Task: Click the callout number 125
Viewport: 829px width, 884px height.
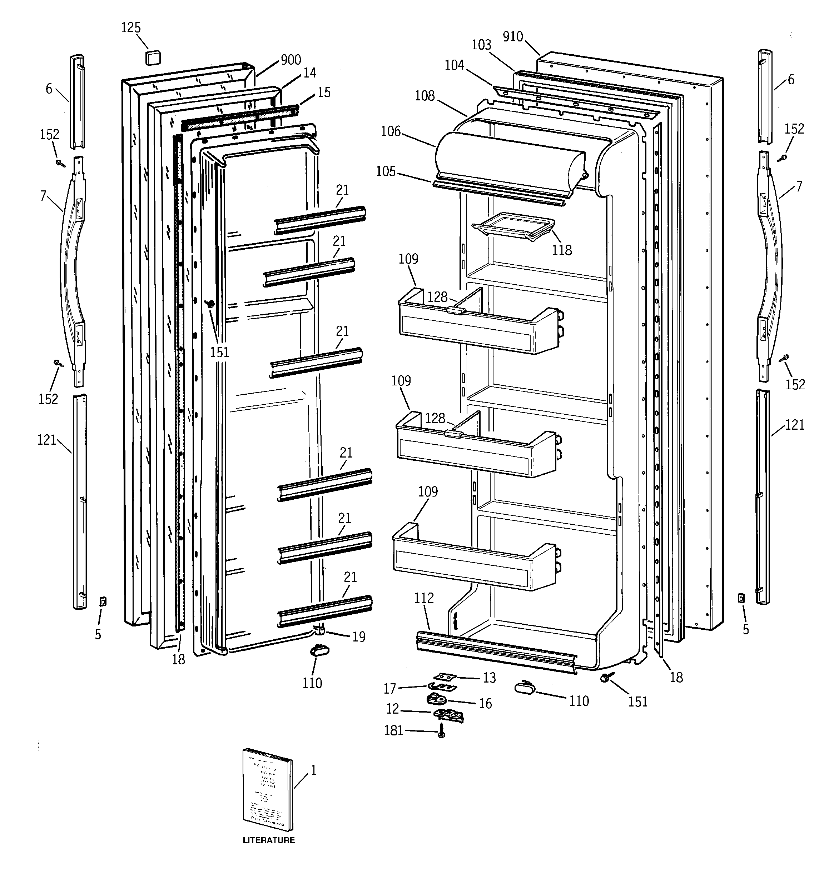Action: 131,28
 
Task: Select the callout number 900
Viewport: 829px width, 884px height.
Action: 291,60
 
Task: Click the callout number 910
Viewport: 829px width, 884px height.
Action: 513,36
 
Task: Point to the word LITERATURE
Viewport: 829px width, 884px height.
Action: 268,840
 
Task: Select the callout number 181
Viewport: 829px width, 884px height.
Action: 393,730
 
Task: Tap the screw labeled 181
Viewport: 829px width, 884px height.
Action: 441,730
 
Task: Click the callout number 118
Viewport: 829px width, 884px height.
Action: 562,250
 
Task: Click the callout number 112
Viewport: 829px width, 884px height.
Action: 424,598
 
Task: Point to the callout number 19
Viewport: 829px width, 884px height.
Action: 359,637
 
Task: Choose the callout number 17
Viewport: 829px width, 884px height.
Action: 390,689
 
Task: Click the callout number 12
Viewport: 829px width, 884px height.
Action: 392,709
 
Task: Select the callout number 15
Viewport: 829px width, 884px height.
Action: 324,92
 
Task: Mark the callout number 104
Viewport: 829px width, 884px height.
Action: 454,65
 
